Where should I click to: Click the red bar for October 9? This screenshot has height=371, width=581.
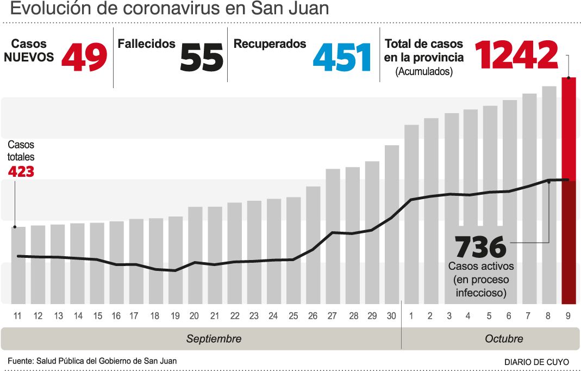pos(568,190)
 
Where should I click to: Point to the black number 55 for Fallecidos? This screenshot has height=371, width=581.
pos(202,58)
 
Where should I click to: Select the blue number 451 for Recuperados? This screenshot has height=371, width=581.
pos(342,58)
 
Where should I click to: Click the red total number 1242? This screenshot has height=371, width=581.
pos(516,54)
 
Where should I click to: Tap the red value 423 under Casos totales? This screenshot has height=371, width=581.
pos(21,172)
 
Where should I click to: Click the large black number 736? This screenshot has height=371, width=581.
pos(480,248)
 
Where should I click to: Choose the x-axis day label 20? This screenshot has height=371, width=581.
pos(194,316)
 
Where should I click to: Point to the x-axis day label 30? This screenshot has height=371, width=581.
pos(391,316)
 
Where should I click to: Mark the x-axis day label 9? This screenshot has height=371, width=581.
pos(568,316)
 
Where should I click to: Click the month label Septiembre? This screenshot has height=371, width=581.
pos(214,338)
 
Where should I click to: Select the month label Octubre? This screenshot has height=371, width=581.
pos(504,338)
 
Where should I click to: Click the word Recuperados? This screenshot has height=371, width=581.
pos(270,44)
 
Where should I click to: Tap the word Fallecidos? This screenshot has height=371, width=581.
pos(147,44)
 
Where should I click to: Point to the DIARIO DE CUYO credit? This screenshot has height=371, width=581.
pos(536,362)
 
